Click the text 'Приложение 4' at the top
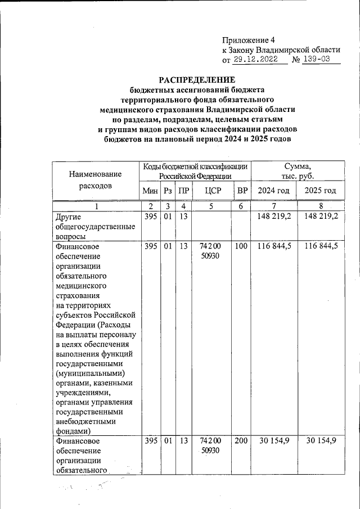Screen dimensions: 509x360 [x=249, y=40]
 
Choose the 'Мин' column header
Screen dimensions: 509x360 [x=150, y=191]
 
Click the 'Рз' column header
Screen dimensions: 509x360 [x=167, y=191]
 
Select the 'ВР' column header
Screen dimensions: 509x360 [x=242, y=191]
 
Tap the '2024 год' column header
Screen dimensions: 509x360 [x=273, y=191]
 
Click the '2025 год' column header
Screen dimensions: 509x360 [x=320, y=191]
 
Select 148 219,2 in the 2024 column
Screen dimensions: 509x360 [x=273, y=217]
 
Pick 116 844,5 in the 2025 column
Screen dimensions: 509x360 [x=320, y=246]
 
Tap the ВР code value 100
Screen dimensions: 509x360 [x=241, y=246]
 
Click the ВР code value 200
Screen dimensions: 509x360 [x=241, y=442]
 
